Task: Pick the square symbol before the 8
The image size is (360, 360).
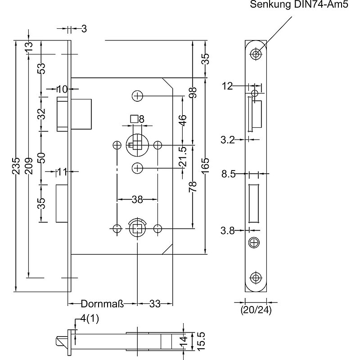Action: [134, 119]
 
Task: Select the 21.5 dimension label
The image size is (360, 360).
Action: [182, 156]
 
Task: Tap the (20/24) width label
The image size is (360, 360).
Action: [256, 310]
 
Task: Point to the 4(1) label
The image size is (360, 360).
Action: [90, 319]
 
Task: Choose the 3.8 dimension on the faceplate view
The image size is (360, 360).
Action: [228, 231]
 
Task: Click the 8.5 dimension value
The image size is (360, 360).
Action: [229, 174]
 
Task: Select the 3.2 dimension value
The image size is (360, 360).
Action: [228, 140]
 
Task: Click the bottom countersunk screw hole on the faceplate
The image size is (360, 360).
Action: [256, 278]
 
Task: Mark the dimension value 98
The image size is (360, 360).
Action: [193, 92]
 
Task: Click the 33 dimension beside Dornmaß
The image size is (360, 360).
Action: [154, 304]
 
